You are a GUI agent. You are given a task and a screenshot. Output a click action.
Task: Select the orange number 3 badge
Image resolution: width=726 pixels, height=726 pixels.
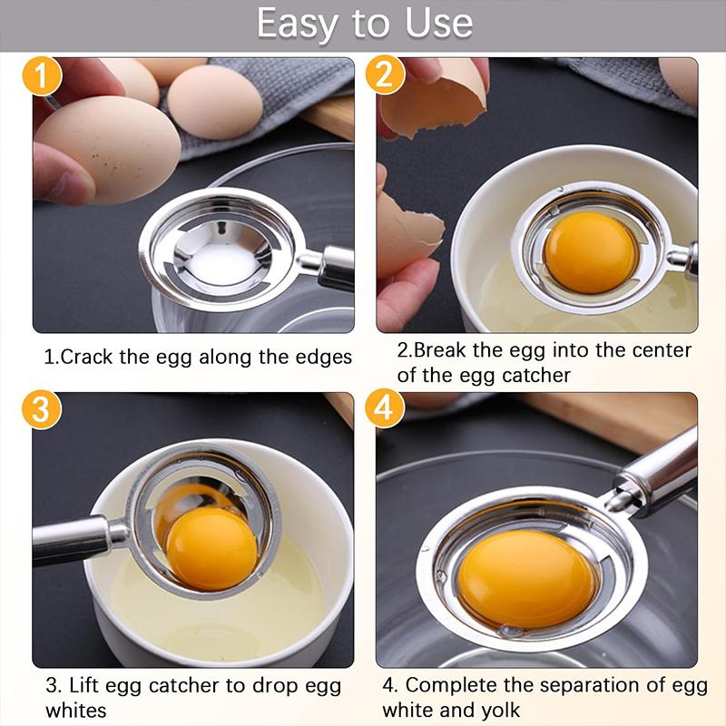pyautogui.click(x=42, y=409)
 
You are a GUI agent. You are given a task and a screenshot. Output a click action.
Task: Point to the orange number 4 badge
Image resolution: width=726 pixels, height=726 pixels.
pyautogui.click(x=385, y=409)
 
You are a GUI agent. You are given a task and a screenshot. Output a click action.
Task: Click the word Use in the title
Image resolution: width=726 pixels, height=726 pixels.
pyautogui.click(x=438, y=24)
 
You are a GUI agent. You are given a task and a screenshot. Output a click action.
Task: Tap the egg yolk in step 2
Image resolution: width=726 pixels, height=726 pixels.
pyautogui.click(x=591, y=251)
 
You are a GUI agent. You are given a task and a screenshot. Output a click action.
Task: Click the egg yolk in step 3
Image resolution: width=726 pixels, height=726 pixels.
pyautogui.click(x=211, y=547)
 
